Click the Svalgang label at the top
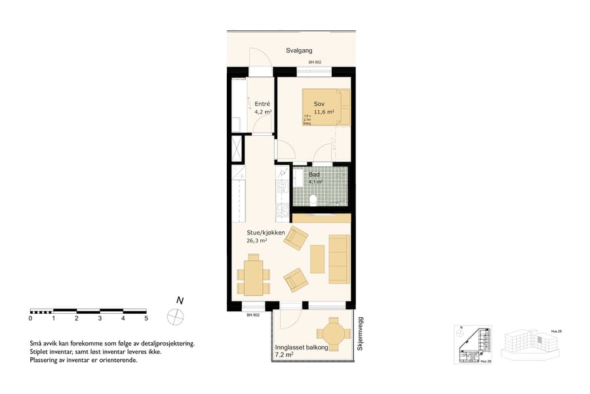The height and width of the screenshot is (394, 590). click(x=299, y=51)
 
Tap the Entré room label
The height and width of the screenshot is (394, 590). click(x=263, y=104)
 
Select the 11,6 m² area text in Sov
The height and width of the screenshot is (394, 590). click(x=324, y=112)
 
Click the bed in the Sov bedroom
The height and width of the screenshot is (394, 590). click(x=326, y=107)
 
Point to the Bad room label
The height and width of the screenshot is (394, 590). click(x=315, y=175)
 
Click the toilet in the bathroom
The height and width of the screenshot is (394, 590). click(x=313, y=200)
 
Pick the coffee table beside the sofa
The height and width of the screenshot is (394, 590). click(x=317, y=259)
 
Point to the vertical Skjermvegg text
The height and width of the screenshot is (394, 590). click(x=360, y=333)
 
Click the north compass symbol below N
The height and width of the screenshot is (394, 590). click(x=176, y=316)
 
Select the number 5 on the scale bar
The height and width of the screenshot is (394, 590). click(x=146, y=318)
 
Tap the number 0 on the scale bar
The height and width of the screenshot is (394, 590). click(x=30, y=318)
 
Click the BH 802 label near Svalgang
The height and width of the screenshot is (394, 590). click(x=316, y=62)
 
